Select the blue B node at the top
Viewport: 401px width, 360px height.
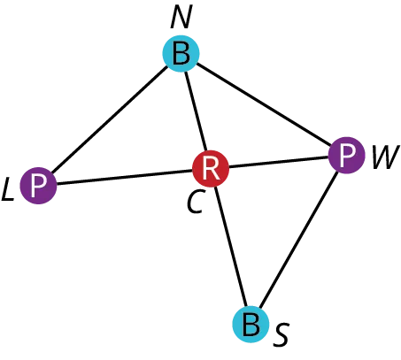[x=181, y=55]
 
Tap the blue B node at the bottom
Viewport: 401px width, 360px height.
[x=251, y=324]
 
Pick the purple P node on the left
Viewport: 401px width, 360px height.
[x=38, y=187]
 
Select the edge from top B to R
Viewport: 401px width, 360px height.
[x=195, y=111]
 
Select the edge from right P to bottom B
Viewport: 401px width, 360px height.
[x=301, y=239]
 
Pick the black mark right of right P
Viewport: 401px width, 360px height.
[x=383, y=158]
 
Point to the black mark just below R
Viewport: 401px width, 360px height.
[x=193, y=205]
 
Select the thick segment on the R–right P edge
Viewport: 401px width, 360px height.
[x=273, y=163]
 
